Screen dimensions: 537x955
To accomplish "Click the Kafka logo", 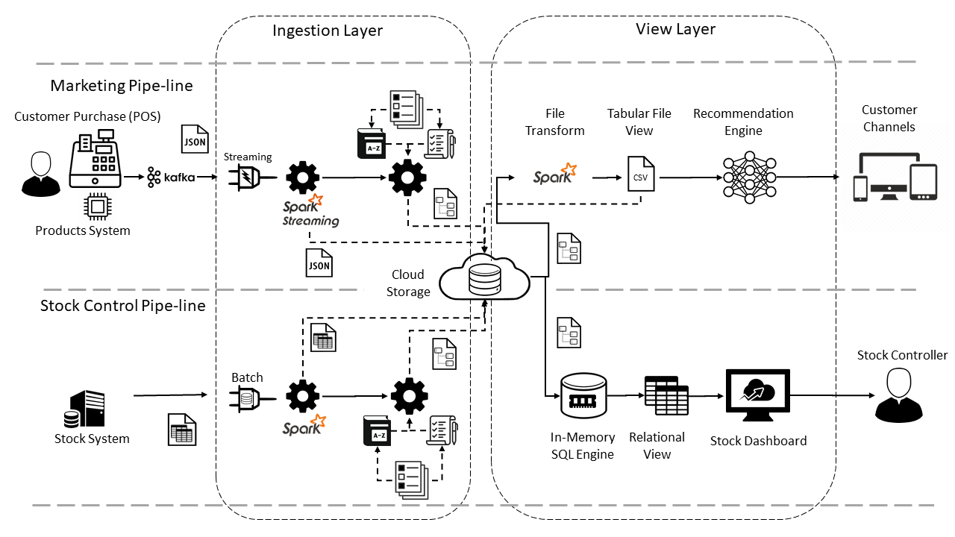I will click(x=171, y=178).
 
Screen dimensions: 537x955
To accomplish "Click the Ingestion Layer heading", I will click(x=327, y=31).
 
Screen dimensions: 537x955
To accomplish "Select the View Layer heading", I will click(x=675, y=29).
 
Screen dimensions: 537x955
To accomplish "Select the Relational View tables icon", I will click(x=666, y=395).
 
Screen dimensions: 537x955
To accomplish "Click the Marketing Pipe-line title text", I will click(x=122, y=86).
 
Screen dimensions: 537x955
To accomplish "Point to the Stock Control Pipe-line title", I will click(x=122, y=306).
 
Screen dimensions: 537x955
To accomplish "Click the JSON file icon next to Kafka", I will click(x=195, y=139).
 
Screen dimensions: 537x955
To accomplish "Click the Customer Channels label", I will click(x=889, y=119).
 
